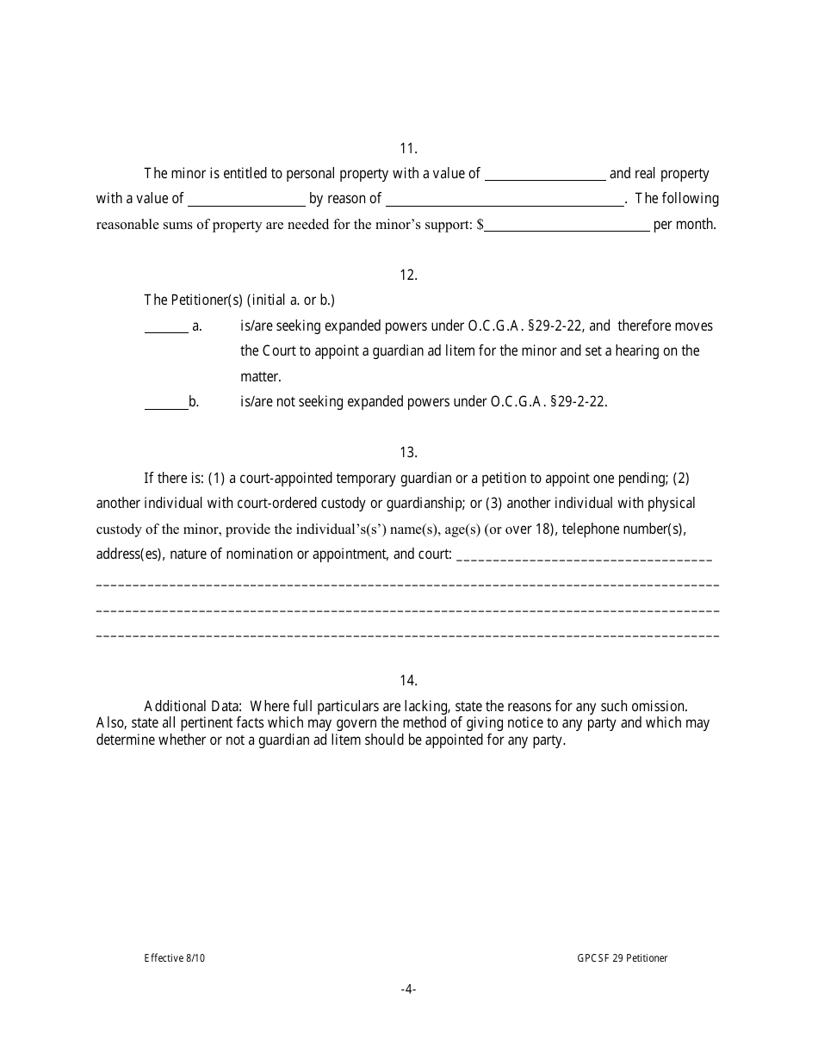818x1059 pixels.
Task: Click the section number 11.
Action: (408, 148)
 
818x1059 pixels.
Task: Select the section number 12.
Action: (408, 275)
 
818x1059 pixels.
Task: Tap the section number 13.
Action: (408, 452)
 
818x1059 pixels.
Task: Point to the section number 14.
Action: (408, 680)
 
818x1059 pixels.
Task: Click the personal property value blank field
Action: (545, 175)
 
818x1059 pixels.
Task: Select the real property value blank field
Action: (246, 200)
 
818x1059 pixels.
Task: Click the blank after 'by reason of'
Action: (505, 200)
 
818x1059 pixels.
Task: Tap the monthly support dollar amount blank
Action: (567, 226)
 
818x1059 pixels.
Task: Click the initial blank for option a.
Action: (165, 327)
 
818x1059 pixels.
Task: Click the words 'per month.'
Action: (685, 226)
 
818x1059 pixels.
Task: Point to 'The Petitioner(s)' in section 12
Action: (194, 300)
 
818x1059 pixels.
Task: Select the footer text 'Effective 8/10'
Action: (175, 958)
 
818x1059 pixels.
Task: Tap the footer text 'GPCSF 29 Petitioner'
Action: (623, 958)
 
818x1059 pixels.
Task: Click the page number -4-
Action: (408, 989)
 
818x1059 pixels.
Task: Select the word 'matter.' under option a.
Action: (261, 376)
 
